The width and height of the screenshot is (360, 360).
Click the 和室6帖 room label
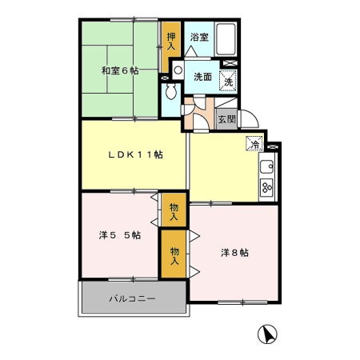119,71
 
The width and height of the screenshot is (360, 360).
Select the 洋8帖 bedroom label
234,253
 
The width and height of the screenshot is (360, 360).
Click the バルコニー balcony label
132,299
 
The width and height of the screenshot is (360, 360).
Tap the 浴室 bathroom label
198,37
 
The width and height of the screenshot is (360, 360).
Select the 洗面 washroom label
202,77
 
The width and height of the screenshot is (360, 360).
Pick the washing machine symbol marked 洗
229,80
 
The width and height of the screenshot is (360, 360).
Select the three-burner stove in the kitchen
267,189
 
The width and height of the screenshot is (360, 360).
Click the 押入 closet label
170,40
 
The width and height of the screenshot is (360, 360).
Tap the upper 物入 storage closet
173,210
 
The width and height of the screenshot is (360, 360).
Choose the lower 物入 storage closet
174,256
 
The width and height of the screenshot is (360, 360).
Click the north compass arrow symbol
269,334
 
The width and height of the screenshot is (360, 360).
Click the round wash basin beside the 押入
177,70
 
